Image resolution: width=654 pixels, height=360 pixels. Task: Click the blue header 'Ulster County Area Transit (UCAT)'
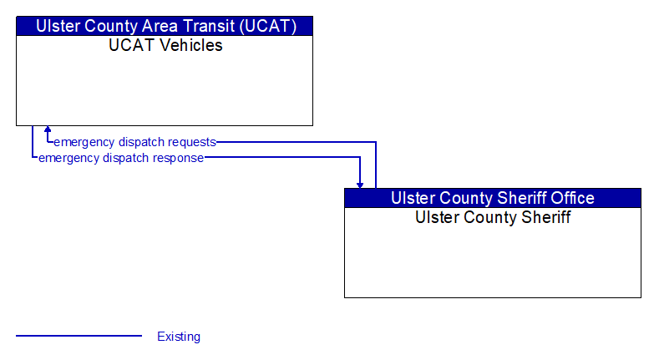click(165, 26)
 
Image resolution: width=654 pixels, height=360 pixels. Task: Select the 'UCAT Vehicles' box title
click(165, 45)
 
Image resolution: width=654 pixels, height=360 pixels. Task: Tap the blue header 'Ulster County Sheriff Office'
click(493, 198)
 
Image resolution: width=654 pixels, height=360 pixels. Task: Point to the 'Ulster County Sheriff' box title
click(493, 217)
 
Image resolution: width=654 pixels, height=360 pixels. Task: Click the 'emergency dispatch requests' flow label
click(134, 142)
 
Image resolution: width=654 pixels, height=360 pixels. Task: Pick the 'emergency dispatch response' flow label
click(121, 158)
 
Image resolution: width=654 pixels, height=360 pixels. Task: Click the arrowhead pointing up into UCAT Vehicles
click(48, 129)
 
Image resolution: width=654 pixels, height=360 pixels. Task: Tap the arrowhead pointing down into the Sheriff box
click(360, 185)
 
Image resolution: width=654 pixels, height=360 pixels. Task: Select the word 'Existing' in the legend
click(179, 337)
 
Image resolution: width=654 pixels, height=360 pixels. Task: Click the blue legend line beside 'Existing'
click(79, 336)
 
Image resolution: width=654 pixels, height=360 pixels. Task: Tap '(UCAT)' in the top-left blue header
click(268, 26)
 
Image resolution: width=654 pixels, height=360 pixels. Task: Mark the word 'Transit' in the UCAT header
click(209, 26)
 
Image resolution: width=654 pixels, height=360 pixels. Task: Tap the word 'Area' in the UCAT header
click(160, 26)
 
